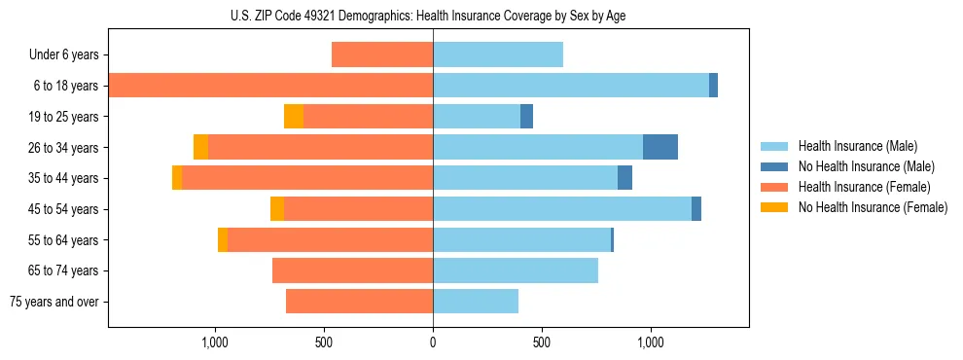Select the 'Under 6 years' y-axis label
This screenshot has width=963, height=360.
tap(63, 55)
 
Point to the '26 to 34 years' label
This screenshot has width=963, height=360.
tap(63, 148)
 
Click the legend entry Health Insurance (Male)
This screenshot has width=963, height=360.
tap(857, 146)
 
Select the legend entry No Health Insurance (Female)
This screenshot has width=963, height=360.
tap(873, 207)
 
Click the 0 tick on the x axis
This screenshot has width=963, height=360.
tap(433, 342)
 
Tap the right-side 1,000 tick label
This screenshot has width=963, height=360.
tap(651, 342)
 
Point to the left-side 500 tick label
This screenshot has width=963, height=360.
tap(324, 342)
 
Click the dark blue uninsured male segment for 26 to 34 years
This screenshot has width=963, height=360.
tap(660, 147)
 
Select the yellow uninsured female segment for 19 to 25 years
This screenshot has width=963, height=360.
tap(294, 117)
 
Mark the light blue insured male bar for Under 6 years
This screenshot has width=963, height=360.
tap(498, 55)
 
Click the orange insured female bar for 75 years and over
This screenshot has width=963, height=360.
tap(359, 302)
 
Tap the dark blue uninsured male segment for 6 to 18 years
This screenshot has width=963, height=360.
tap(713, 86)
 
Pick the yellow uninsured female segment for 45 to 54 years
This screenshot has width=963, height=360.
tap(277, 209)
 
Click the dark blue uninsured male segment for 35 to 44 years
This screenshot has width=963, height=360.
tap(624, 178)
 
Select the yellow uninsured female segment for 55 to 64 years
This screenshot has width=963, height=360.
tap(223, 240)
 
